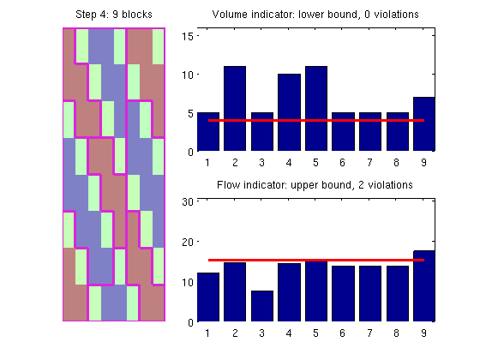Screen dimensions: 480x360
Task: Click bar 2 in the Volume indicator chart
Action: (235, 108)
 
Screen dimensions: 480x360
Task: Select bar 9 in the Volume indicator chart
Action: (424, 124)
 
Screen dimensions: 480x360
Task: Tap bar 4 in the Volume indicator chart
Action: (289, 112)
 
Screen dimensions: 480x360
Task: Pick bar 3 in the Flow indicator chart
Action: (262, 306)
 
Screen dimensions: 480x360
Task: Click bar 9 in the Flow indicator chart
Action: (424, 286)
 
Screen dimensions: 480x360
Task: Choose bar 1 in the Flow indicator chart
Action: (208, 297)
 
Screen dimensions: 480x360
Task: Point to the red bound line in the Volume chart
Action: (316, 120)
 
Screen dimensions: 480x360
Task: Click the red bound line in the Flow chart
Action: (316, 261)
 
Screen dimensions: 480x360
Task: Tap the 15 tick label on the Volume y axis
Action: (188, 36)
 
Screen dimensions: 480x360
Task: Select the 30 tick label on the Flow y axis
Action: (188, 201)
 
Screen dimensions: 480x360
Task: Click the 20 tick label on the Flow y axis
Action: (188, 242)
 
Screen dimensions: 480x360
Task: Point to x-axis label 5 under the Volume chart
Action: (315, 162)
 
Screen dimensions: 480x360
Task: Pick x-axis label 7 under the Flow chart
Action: (369, 333)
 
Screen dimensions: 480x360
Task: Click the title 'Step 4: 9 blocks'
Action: (114, 15)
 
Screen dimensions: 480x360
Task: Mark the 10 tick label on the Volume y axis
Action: (188, 75)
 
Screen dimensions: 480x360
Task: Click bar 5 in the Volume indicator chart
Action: (316, 108)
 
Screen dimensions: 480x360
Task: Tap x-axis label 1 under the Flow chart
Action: (207, 333)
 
